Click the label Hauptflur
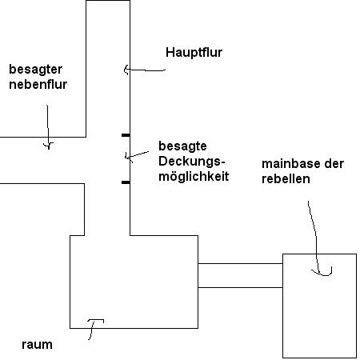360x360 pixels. coord(194,52)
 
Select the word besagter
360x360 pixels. coord(36,70)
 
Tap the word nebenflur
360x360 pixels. coord(38,85)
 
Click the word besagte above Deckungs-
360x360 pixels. coord(182,146)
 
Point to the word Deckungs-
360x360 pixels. coord(192,162)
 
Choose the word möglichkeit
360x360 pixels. coord(194,177)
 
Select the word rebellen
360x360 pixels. coord(286,179)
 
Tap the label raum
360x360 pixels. coord(37,345)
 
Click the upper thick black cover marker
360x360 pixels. coord(126,135)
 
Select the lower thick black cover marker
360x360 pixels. coord(126,182)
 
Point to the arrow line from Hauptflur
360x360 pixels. coord(145,70)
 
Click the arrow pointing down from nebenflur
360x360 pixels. coord(48,126)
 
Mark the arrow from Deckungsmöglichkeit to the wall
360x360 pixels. coord(137,155)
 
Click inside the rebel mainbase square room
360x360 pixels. coord(319,306)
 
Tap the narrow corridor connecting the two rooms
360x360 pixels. coord(240,275)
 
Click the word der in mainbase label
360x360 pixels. coord(334,164)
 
